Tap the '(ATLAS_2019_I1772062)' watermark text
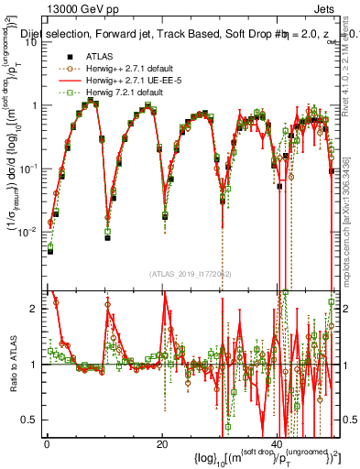(190, 274)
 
